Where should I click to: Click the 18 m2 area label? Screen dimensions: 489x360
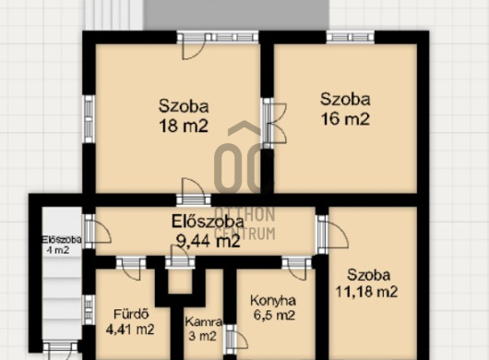coord(184,126)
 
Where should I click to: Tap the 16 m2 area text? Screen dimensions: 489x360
coord(345,119)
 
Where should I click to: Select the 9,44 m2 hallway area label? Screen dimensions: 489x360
coord(208,241)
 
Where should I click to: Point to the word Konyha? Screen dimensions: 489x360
coord(273,301)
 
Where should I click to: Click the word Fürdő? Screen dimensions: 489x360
coord(131,314)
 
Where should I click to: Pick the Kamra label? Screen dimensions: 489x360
coord(204,321)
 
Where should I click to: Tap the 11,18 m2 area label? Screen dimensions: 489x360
coord(366,292)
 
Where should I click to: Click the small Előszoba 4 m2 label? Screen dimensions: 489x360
coord(62,245)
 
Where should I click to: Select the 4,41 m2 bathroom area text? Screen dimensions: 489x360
coord(130,330)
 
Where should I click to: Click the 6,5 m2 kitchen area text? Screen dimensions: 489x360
coord(274,315)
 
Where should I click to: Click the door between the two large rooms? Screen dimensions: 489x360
coord(274,123)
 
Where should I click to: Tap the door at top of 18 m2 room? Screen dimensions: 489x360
coord(194,46)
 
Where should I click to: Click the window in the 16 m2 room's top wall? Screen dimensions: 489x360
coord(351,38)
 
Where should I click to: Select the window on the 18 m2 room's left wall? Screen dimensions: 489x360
coord(89,119)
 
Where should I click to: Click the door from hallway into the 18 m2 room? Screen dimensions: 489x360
coord(194,192)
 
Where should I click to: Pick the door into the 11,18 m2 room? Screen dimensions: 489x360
coord(331,234)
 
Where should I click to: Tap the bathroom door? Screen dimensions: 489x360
coord(131,269)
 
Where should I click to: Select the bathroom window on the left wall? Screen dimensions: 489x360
coord(89,310)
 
